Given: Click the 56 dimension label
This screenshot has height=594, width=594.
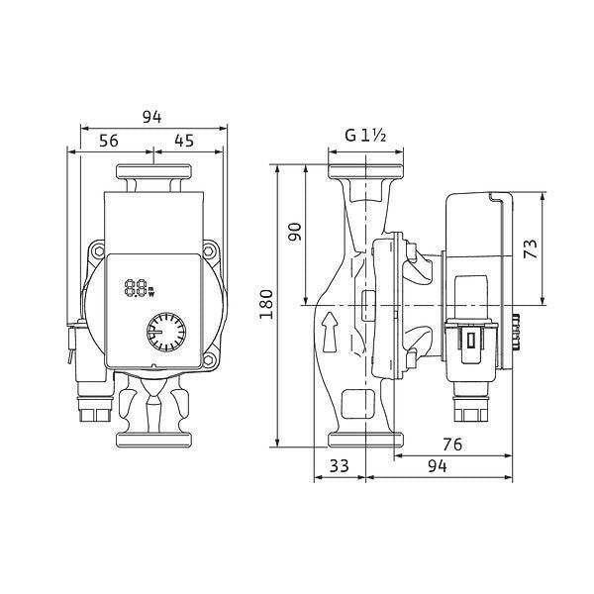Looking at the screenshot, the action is pos(109,141).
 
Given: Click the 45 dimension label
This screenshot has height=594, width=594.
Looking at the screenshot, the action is pos(184,141).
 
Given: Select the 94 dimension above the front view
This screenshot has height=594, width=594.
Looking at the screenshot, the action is pos(151,118).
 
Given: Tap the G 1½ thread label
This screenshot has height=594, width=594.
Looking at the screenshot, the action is pos(365,136).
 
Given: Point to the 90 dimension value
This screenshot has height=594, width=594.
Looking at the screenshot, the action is pos(295,232).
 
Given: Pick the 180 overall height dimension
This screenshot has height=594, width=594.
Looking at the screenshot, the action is pos(266,304).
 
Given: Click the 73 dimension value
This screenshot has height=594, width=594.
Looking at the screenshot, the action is pos(531,248).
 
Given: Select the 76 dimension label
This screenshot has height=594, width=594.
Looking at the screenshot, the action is pos(452,445).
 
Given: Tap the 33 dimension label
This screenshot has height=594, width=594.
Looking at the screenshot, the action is pos(339,466).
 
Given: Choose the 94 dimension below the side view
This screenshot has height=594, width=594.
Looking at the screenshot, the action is pos(438,466).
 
